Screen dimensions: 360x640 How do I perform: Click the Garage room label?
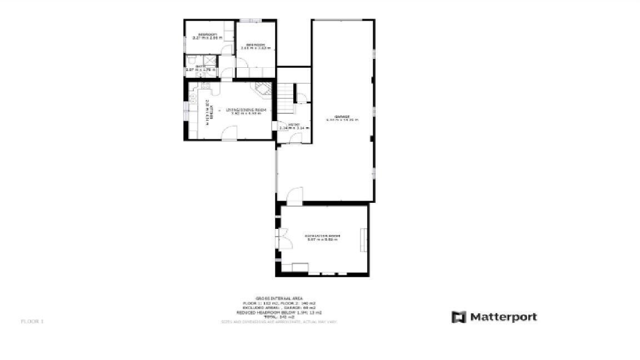pyautogui.click(x=342, y=117)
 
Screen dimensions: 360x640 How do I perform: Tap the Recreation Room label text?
pyautogui.click(x=322, y=236)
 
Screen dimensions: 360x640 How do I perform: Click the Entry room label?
pyautogui.click(x=294, y=124)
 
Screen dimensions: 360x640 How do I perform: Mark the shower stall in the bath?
pyautogui.click(x=209, y=60)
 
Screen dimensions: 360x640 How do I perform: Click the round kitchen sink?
pyautogui.click(x=192, y=98)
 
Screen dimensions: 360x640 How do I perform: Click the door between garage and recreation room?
pyautogui.click(x=294, y=196)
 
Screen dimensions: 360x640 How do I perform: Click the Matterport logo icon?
pyautogui.click(x=458, y=317)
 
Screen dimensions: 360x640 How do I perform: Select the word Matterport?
pyautogui.click(x=503, y=317)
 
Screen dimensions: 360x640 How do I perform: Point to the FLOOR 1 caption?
pyautogui.click(x=32, y=321)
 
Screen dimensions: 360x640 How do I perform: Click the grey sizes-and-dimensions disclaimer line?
pyautogui.click(x=278, y=322)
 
